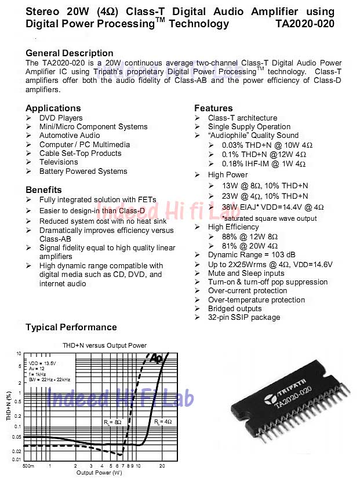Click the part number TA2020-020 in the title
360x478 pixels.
[x=305, y=24]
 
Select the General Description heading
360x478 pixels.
[x=70, y=53]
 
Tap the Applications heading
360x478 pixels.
[x=53, y=108]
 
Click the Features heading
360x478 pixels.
[x=213, y=108]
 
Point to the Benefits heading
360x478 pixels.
[x=43, y=190]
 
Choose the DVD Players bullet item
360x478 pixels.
[x=61, y=118]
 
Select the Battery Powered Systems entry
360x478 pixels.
[x=83, y=172]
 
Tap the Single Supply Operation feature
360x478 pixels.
[x=249, y=127]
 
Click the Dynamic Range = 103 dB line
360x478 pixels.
[x=252, y=255]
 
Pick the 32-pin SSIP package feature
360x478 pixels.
[x=244, y=318]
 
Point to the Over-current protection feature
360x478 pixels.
[x=248, y=291]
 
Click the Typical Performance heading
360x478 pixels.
[x=71, y=327]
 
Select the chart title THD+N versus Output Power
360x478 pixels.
[x=104, y=345]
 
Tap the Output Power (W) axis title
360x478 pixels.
[x=99, y=473]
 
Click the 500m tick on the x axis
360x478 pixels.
[x=28, y=465]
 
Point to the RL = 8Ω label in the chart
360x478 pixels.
[x=113, y=422]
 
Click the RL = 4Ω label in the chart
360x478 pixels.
[x=163, y=422]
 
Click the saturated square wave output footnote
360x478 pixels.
[x=270, y=218]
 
